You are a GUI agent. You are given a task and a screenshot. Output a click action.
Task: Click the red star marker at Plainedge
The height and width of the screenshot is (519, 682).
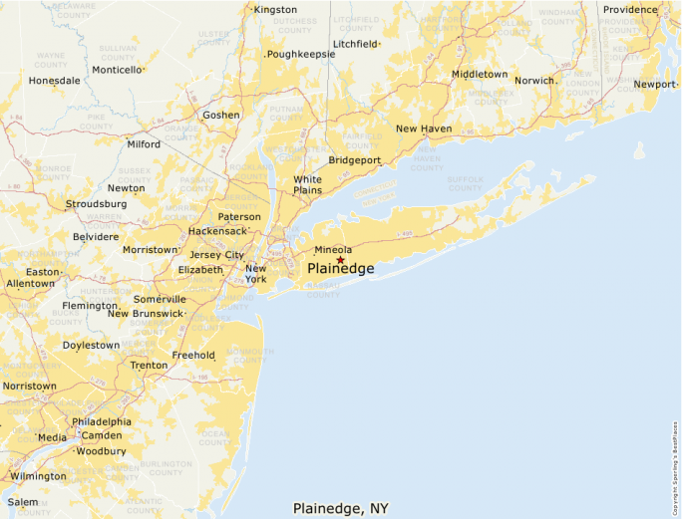pyautogui.click(x=340, y=260)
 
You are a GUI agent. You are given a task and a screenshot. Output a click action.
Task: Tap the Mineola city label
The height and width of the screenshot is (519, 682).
pyautogui.click(x=333, y=250)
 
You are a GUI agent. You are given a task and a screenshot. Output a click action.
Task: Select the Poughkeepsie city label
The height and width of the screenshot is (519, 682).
pyautogui.click(x=300, y=55)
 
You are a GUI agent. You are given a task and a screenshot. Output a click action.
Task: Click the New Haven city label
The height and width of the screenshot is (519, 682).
pyautogui.click(x=423, y=129)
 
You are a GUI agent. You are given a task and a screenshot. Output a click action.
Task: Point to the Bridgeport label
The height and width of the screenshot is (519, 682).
pyautogui.click(x=354, y=159)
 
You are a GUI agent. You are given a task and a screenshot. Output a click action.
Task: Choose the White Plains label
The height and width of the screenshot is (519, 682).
pyautogui.click(x=307, y=184)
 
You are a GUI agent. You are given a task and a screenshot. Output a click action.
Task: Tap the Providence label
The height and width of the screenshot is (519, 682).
pyautogui.click(x=629, y=10)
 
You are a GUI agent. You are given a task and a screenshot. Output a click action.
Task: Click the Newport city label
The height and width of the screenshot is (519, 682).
pyautogui.click(x=654, y=85)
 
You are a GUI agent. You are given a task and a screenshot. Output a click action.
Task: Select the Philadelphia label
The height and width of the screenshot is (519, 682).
pyautogui.click(x=102, y=421)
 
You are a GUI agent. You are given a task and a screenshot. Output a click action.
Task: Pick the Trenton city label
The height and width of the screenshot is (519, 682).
pyautogui.click(x=149, y=366)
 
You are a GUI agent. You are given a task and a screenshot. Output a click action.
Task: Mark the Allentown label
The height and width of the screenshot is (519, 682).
pyautogui.click(x=31, y=284)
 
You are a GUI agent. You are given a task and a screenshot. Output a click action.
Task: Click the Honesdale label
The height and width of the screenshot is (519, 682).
pyautogui.click(x=54, y=81)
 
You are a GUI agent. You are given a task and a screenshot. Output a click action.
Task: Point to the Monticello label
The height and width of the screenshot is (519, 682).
pyautogui.click(x=117, y=70)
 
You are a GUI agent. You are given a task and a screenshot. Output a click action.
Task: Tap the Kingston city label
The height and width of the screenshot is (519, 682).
pyautogui.click(x=275, y=10)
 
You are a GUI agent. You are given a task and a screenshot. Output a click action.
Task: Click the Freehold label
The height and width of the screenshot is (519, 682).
pyautogui.click(x=193, y=356)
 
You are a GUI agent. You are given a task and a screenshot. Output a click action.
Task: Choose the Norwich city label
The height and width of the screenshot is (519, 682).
pyautogui.click(x=534, y=81)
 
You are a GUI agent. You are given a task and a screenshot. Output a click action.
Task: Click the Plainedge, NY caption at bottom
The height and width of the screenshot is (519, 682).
pyautogui.click(x=340, y=508)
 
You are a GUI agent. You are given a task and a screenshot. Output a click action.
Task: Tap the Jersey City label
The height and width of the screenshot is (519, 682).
pyautogui.click(x=216, y=255)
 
